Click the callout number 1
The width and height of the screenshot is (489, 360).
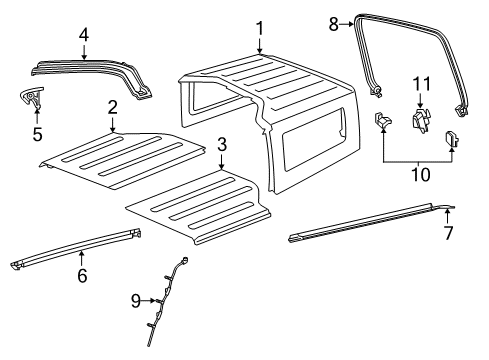(x=259, y=28)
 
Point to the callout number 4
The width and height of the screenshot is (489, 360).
(x=84, y=35)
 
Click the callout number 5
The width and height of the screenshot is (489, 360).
(x=37, y=133)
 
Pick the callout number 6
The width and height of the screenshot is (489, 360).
(x=82, y=282)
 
